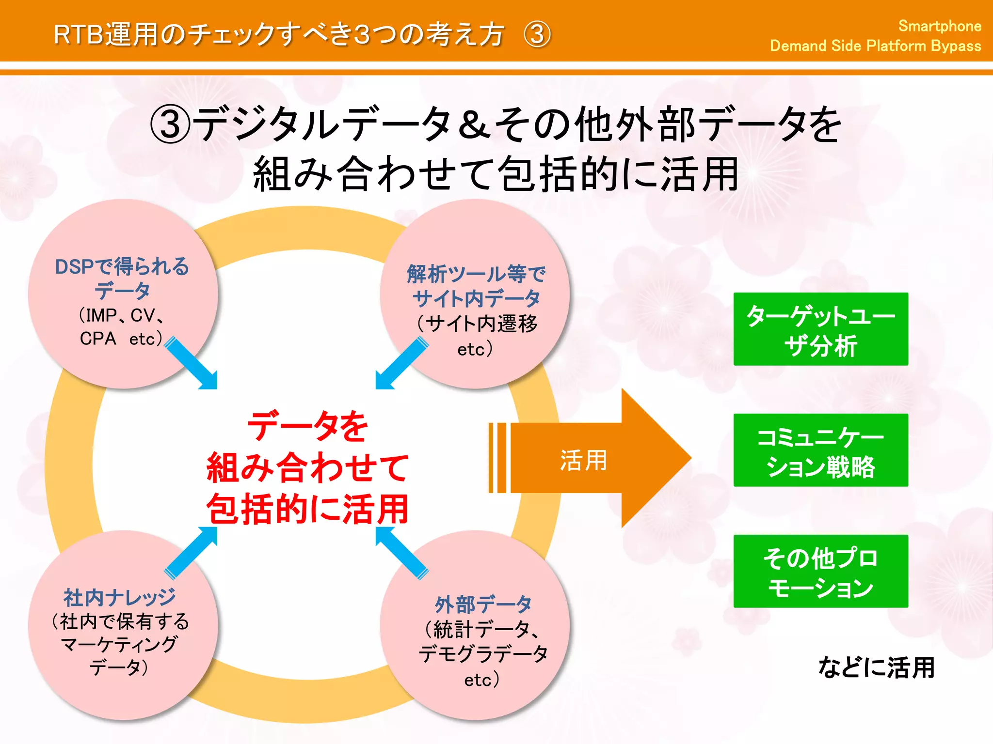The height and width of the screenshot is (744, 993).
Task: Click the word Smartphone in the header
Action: (939, 26)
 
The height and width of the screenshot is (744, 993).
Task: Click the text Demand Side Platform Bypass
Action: (875, 46)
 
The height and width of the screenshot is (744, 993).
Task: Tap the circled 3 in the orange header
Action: (537, 35)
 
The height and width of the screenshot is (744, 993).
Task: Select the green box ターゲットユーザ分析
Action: (820, 329)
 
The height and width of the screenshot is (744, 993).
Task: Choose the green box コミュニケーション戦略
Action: (820, 450)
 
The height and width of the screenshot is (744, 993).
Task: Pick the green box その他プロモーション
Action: (820, 572)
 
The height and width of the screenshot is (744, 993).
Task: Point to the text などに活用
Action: (876, 667)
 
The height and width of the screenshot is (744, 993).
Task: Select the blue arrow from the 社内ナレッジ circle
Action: (192, 552)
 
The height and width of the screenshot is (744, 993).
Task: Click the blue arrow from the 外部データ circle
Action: (401, 552)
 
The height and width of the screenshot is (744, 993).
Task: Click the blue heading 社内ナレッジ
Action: (119, 597)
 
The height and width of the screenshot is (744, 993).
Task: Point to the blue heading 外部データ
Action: (483, 604)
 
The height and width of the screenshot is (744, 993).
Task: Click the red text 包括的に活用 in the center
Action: (307, 510)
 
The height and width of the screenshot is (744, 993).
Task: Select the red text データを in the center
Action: (307, 426)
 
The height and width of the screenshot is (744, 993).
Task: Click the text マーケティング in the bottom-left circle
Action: (119, 644)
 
